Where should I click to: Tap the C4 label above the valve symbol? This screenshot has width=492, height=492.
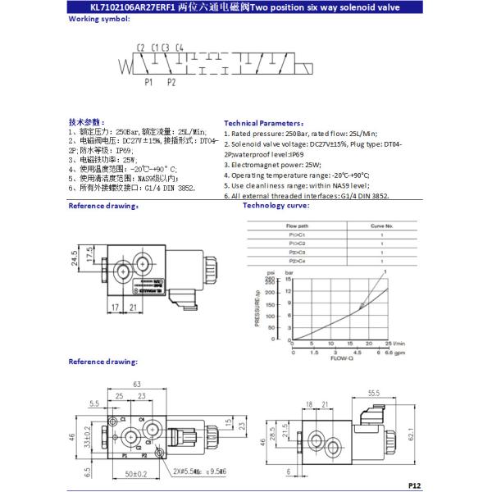click(180, 47)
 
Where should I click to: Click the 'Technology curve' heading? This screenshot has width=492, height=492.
click(276, 206)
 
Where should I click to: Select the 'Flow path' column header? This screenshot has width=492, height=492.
click(298, 224)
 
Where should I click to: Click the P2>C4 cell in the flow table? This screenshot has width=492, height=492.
click(298, 260)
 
